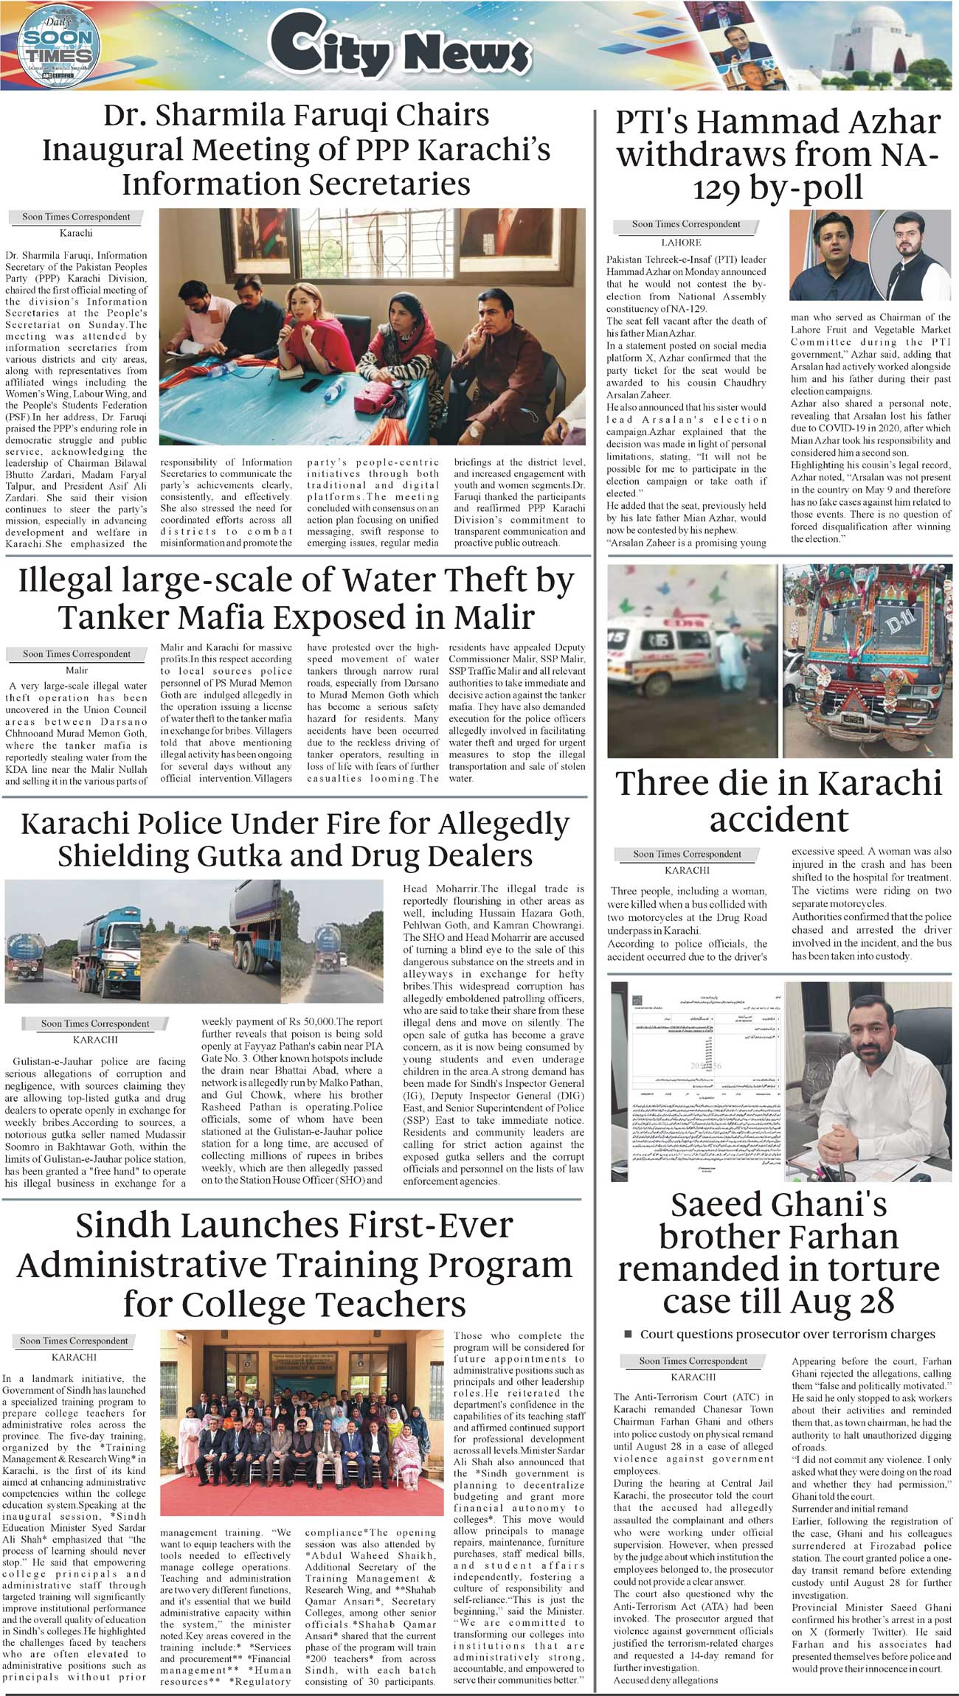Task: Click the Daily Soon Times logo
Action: pyautogui.click(x=57, y=44)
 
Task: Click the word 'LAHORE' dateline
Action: pyautogui.click(x=681, y=243)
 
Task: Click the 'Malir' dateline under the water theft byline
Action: pyautogui.click(x=77, y=670)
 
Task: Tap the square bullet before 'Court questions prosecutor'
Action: pyautogui.click(x=629, y=1334)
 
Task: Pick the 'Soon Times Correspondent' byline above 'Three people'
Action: pyautogui.click(x=687, y=854)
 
